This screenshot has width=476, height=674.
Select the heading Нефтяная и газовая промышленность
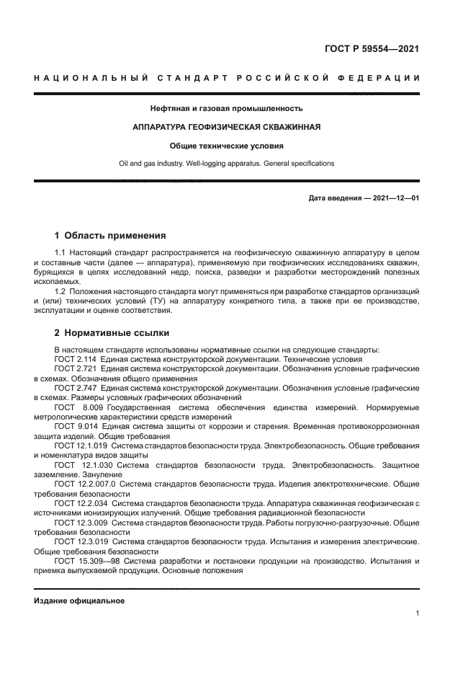click(226, 109)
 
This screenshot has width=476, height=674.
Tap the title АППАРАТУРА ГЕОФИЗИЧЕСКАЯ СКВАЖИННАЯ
click(226, 127)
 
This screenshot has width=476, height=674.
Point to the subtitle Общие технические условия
click(226, 146)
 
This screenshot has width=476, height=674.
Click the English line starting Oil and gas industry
click(226, 163)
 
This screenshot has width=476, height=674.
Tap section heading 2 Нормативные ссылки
click(112, 334)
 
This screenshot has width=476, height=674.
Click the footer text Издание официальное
click(79, 600)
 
